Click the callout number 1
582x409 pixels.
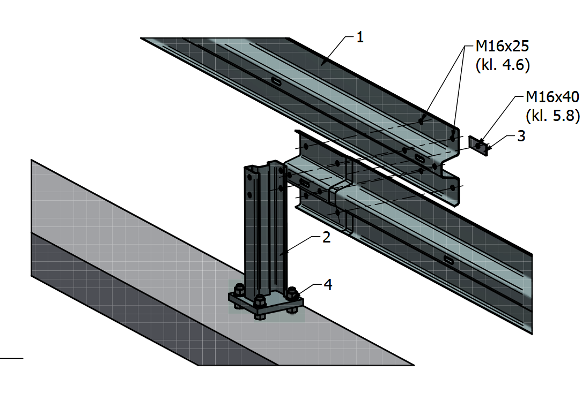[360, 37]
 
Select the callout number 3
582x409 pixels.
[521, 136]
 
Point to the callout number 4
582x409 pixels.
[328, 285]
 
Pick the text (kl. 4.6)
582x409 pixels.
[503, 65]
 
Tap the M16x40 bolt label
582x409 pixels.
[552, 97]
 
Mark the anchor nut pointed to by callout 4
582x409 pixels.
[292, 294]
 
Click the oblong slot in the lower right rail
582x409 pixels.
[448, 260]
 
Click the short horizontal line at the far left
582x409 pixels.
[11, 358]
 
